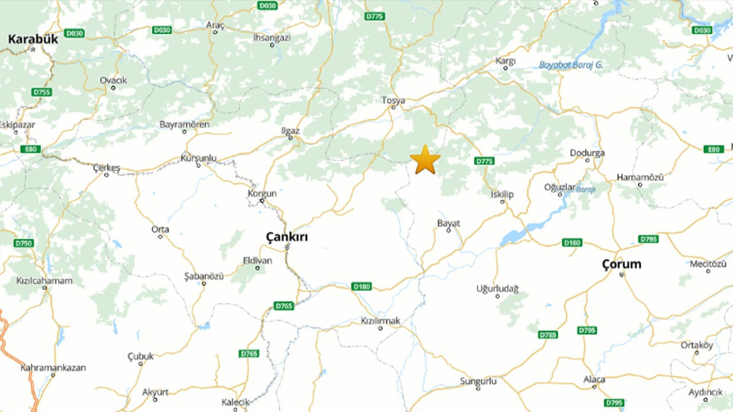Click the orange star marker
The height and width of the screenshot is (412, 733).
[x=425, y=160]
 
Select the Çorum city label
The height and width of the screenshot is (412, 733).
[x=621, y=264]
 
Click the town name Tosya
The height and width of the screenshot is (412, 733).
[x=393, y=100]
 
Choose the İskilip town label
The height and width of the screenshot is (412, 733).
[x=502, y=194]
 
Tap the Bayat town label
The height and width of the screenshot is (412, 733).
[x=448, y=223]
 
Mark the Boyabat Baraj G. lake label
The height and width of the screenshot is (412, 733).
[x=571, y=65]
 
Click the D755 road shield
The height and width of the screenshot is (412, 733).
[x=42, y=92]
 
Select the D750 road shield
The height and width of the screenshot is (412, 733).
[x=23, y=243]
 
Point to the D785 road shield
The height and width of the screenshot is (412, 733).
[x=548, y=334]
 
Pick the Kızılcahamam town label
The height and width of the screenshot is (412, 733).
[x=45, y=280]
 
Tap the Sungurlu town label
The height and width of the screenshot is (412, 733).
[x=478, y=381]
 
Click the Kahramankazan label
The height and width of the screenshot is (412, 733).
[x=53, y=367]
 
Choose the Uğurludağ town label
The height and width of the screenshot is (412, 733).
[x=497, y=289]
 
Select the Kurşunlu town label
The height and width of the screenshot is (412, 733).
[x=198, y=157]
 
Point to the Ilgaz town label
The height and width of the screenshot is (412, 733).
[x=290, y=130]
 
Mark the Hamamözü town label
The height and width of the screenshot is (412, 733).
[x=640, y=177]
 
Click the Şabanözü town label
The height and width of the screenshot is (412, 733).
[x=203, y=276]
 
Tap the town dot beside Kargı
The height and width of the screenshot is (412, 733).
[x=505, y=68]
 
